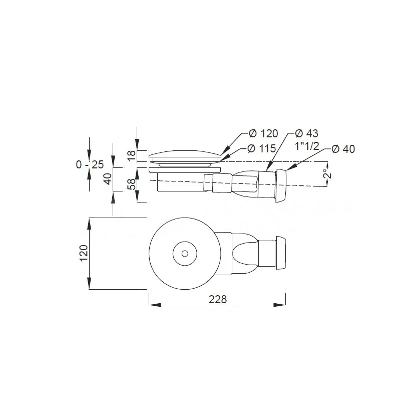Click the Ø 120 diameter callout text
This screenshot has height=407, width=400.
pyautogui.click(x=263, y=133)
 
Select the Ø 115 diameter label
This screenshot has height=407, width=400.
pyautogui.click(x=261, y=148)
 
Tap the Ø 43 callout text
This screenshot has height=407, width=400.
pyautogui.click(x=306, y=133)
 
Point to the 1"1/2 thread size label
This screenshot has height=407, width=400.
pyautogui.click(x=307, y=146)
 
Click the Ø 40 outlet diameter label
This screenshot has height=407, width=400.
pyautogui.click(x=343, y=149)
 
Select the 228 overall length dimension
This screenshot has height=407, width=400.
pyautogui.click(x=218, y=300)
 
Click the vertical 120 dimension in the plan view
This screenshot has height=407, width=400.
pyautogui.click(x=84, y=253)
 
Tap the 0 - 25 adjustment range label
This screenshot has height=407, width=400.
pyautogui.click(x=90, y=164)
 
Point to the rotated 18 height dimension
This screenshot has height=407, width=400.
pyautogui.click(x=132, y=155)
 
